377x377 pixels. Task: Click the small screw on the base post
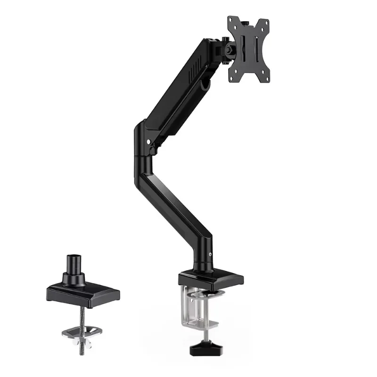pos(210,256)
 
